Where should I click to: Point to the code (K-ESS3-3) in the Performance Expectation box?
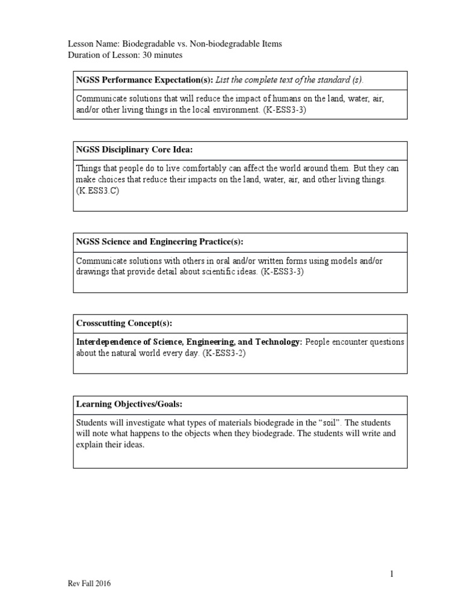[285, 111]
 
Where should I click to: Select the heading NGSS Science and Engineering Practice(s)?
[159, 242]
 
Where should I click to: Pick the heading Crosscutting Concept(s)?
[124, 323]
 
